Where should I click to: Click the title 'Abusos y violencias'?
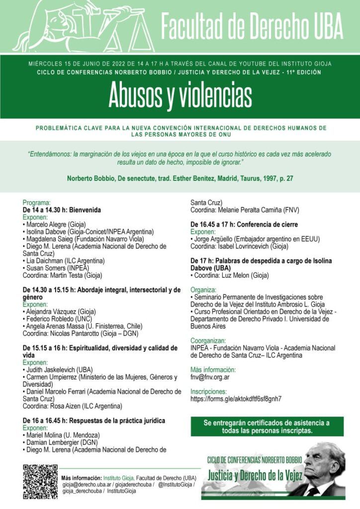coord(180,96)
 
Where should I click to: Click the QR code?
coord(40,482)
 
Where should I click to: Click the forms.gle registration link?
coord(236,399)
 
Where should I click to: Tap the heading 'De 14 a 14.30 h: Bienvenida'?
coord(62,210)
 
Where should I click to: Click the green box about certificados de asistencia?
coord(267,426)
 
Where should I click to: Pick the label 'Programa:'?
coord(37,203)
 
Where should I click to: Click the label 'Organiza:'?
coord(203,289)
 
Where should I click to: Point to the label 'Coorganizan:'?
coord(208,341)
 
